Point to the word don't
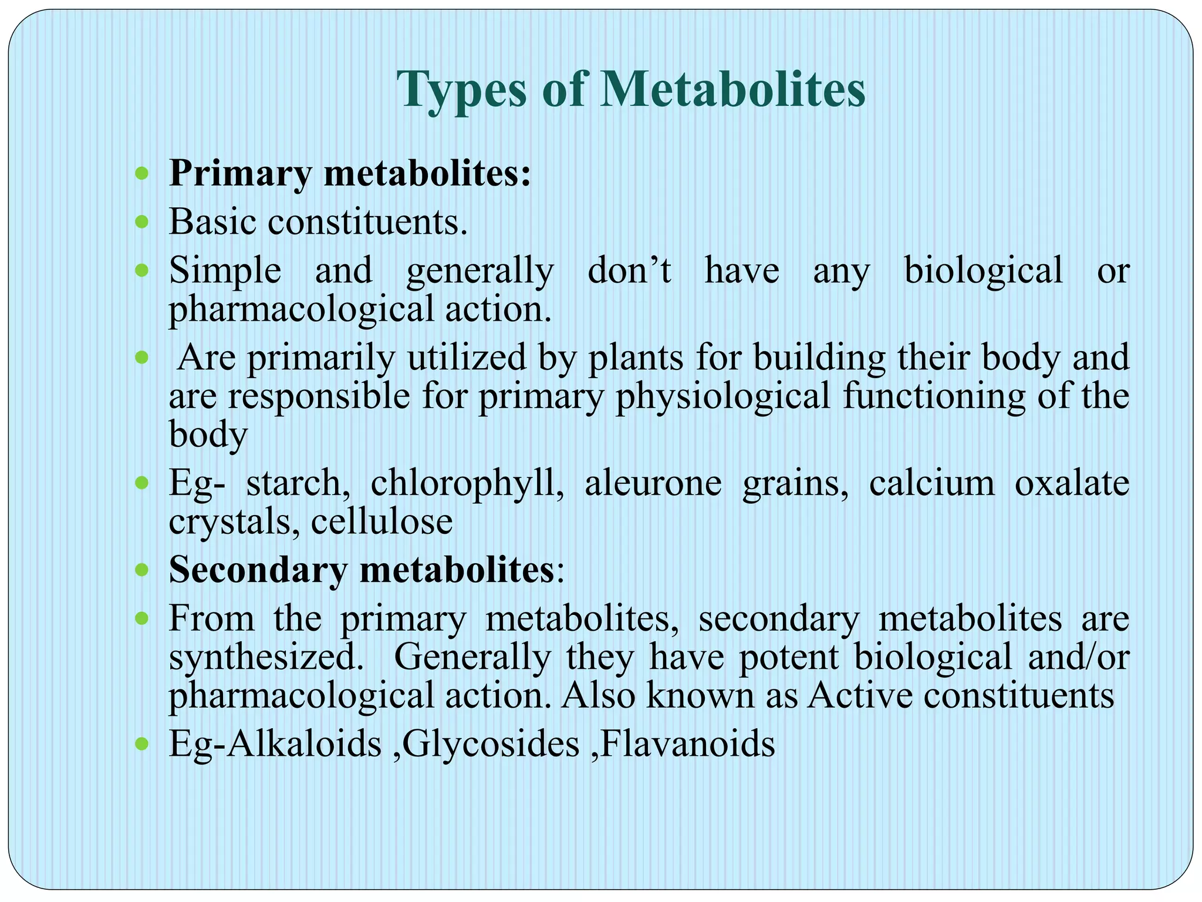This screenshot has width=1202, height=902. [x=629, y=271]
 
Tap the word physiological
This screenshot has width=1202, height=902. [x=722, y=396]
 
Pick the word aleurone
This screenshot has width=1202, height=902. [x=653, y=484]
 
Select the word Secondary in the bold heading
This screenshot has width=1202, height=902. [x=258, y=570]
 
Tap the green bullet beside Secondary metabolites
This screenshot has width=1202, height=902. [x=141, y=570]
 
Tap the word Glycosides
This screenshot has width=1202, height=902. [x=491, y=745]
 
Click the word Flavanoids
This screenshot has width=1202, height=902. [x=688, y=744]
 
